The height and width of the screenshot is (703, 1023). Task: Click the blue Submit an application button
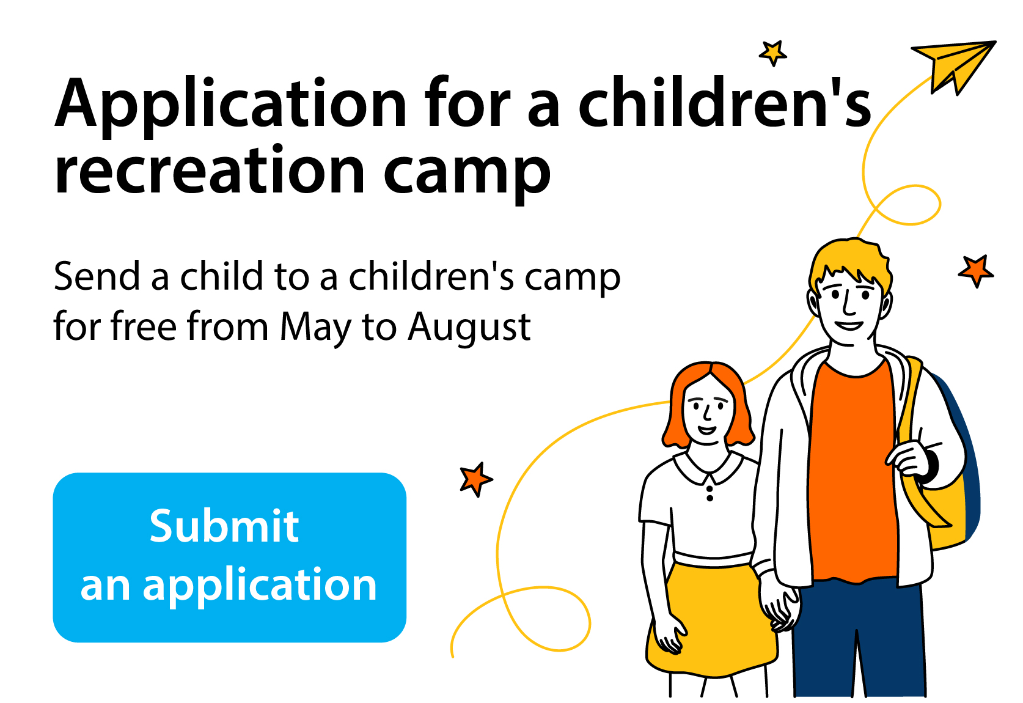click(x=230, y=558)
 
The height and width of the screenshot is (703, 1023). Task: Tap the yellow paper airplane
click(x=952, y=64)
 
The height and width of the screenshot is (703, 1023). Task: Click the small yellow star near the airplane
click(x=772, y=53)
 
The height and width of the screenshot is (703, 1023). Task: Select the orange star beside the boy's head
click(x=975, y=271)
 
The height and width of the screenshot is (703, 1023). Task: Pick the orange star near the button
click(x=476, y=479)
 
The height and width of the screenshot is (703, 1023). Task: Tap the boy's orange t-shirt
click(x=853, y=471)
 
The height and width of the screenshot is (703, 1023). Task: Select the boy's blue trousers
click(x=859, y=639)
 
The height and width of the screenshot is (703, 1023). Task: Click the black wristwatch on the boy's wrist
click(x=932, y=466)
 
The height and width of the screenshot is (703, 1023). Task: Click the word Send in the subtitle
click(x=97, y=276)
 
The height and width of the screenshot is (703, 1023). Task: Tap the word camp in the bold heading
click(x=467, y=174)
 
